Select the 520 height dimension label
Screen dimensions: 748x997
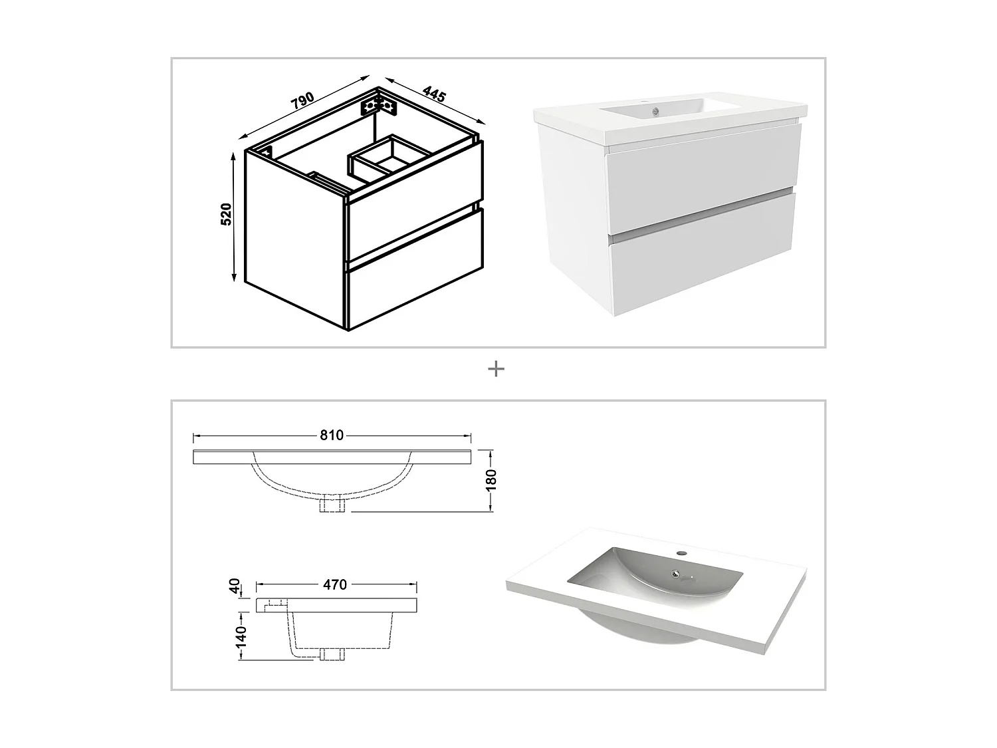pyautogui.click(x=226, y=214)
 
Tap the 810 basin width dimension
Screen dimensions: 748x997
pyautogui.click(x=332, y=436)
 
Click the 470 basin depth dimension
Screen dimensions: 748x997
pyautogui.click(x=335, y=584)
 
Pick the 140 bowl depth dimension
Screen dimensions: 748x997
pyautogui.click(x=240, y=636)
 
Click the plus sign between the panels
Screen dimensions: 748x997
pyautogui.click(x=496, y=369)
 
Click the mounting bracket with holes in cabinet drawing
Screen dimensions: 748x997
pyautogui.click(x=379, y=105)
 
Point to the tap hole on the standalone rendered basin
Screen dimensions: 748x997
pyautogui.click(x=681, y=553)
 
